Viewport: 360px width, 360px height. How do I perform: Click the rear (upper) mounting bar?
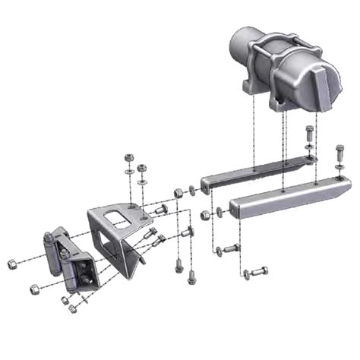(254, 172)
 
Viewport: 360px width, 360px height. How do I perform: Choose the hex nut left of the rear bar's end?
(178, 193)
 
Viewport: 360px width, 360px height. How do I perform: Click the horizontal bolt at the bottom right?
(256, 271)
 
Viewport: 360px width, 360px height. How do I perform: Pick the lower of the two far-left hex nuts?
(34, 289)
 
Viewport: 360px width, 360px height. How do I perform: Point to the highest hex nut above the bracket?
(129, 157)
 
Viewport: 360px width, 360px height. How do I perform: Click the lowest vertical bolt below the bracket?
(191, 277)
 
